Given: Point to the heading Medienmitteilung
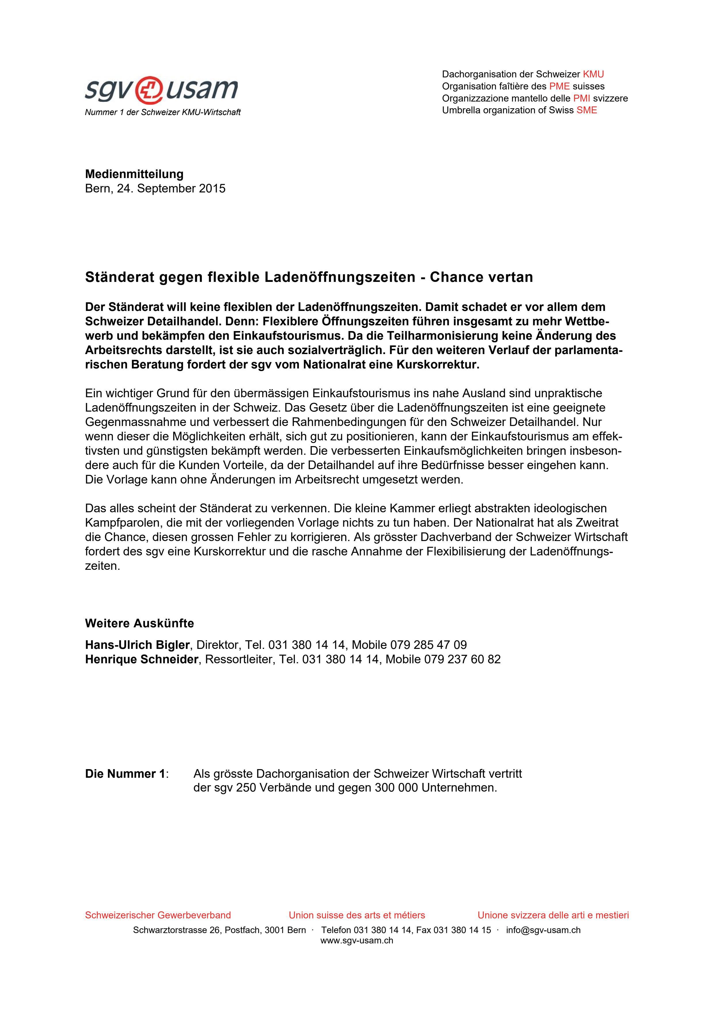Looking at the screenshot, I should (x=134, y=174).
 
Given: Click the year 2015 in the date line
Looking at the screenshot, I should (x=212, y=188).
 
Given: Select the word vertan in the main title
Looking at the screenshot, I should (x=511, y=277).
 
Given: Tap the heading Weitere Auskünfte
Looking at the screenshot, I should (x=139, y=623).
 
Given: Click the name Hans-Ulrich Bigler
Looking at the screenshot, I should (x=137, y=645).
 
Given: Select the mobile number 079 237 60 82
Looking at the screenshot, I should (x=462, y=660).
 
